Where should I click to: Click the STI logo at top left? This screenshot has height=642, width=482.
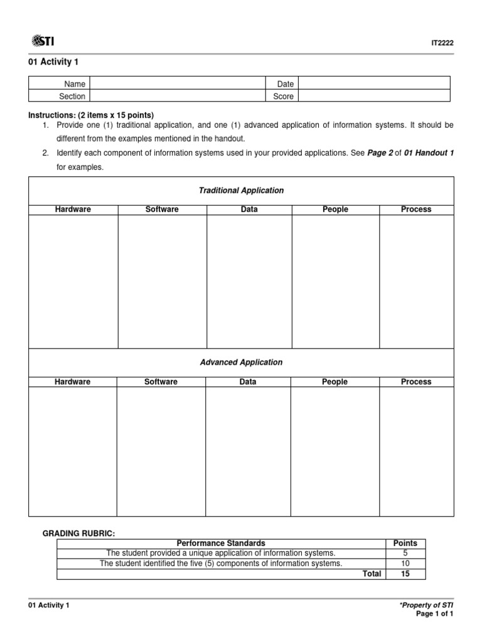pyautogui.click(x=42, y=41)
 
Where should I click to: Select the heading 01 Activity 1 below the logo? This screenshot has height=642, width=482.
pyautogui.click(x=53, y=61)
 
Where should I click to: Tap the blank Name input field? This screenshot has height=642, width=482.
pyautogui.click(x=178, y=83)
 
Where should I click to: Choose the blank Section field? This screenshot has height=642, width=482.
pyautogui.click(x=178, y=96)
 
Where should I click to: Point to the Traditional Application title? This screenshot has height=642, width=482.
pyautogui.click(x=241, y=191)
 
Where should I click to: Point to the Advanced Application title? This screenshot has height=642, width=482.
pyautogui.click(x=241, y=362)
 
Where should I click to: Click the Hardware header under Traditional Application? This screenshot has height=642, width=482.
pyautogui.click(x=73, y=209)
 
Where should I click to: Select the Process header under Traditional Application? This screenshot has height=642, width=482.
pyautogui.click(x=416, y=209)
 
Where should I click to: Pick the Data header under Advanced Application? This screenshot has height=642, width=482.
pyautogui.click(x=248, y=382)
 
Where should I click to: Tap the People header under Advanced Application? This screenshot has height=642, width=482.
pyautogui.click(x=335, y=382)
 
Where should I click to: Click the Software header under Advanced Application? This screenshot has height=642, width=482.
pyautogui.click(x=161, y=382)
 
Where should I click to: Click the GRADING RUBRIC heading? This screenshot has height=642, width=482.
pyautogui.click(x=78, y=533)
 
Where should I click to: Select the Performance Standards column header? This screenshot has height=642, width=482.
pyautogui.click(x=221, y=543)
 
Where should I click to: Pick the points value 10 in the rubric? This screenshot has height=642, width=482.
pyautogui.click(x=405, y=564)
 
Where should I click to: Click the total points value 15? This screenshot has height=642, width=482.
pyautogui.click(x=405, y=574)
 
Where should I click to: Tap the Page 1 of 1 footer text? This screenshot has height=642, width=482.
pyautogui.click(x=434, y=614)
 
